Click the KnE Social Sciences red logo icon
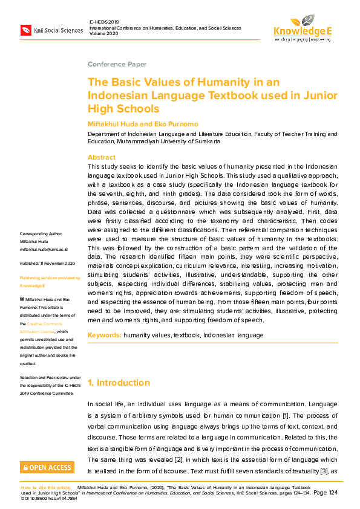[x=26, y=30]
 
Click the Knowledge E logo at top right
[x=302, y=27]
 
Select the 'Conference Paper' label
[x=117, y=64]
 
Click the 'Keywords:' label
[x=104, y=335]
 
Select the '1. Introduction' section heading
[x=119, y=383]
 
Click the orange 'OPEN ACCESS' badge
[x=47, y=467]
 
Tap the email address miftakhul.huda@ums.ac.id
[x=44, y=248]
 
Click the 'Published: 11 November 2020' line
[x=47, y=264]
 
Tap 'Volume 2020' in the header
[x=105, y=33]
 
